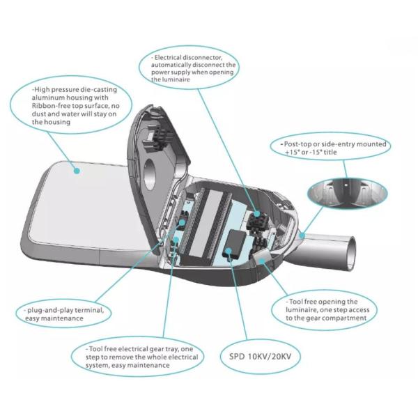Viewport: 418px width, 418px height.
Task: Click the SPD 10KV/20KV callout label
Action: pyautogui.click(x=260, y=357)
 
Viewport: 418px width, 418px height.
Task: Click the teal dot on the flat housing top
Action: pyautogui.click(x=77, y=171)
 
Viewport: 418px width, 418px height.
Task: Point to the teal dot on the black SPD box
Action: pyautogui.click(x=229, y=251)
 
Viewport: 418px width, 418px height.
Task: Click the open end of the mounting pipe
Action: pyautogui.click(x=352, y=254)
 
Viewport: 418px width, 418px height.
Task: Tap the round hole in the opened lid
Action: pyautogui.click(x=150, y=174)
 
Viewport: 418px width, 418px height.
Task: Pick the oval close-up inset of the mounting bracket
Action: pyautogui.click(x=347, y=194)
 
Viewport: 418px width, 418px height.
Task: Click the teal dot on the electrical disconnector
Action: pyautogui.click(x=256, y=214)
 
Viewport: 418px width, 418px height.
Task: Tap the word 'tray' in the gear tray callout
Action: pyautogui.click(x=171, y=349)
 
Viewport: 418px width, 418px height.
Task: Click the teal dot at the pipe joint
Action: pyautogui.click(x=302, y=235)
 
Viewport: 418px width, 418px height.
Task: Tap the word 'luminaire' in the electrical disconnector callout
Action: pyautogui.click(x=175, y=79)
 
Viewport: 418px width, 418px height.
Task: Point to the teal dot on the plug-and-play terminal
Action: pyautogui.click(x=183, y=223)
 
